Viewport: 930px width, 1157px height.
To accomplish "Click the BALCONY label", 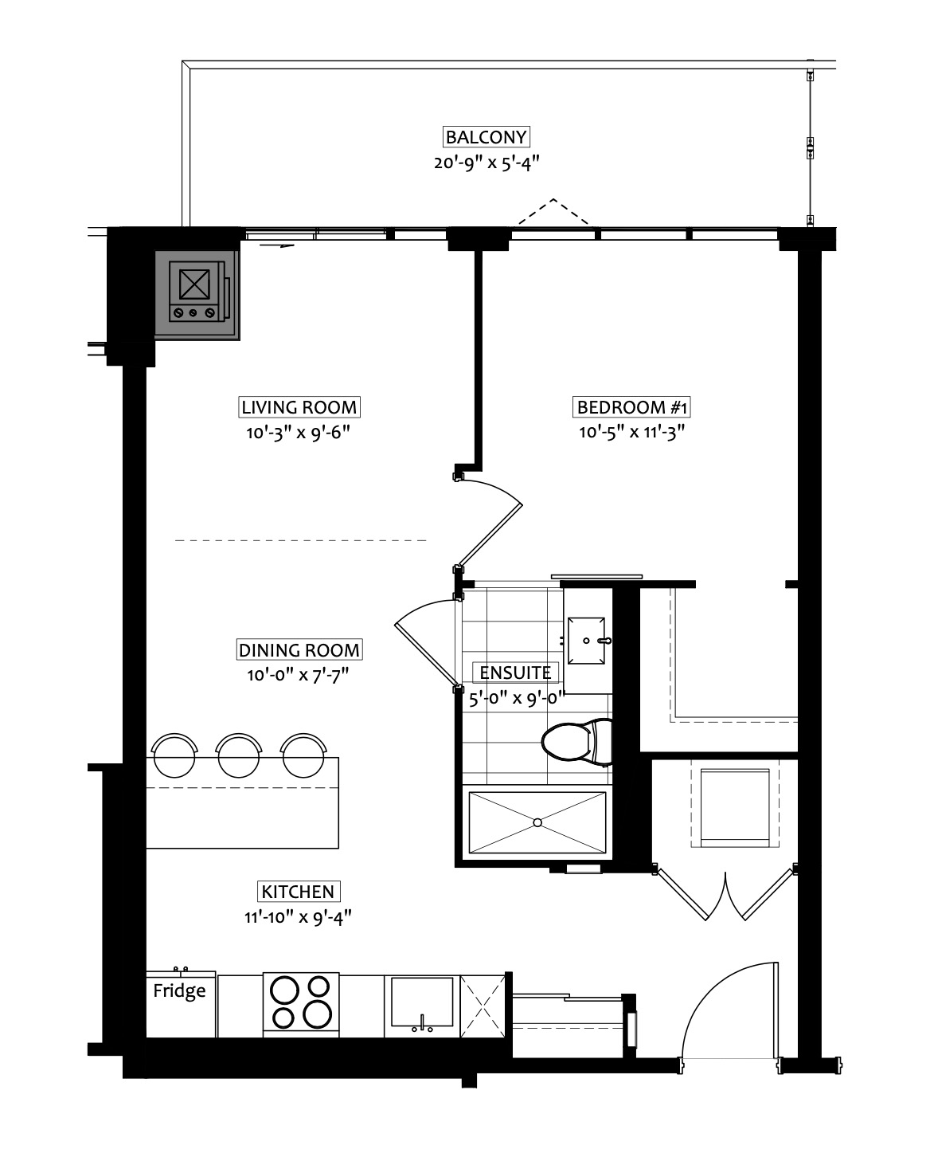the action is [486, 137].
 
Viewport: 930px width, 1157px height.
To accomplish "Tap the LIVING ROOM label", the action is [299, 407].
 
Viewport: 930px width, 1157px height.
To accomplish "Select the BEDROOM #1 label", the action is [632, 407].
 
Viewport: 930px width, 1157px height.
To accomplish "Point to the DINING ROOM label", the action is [299, 649].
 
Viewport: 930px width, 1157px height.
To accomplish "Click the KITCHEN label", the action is [298, 892].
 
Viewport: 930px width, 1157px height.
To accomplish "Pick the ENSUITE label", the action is [515, 672].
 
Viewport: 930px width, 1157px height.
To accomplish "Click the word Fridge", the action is [179, 990].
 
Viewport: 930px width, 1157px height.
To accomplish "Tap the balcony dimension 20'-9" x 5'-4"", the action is [486, 163].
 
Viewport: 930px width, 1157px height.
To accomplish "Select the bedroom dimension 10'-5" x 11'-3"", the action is [632, 432].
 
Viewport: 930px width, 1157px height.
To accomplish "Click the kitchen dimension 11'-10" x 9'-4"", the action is [298, 916].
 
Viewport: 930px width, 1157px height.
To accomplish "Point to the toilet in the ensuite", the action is [576, 742].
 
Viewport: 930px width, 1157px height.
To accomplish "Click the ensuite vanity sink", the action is [586, 641].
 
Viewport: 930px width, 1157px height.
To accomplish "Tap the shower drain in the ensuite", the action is [537, 822].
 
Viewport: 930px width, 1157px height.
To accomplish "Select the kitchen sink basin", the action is [422, 1002].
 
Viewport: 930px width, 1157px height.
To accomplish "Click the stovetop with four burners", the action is [301, 1002].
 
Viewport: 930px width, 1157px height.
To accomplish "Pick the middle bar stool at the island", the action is [239, 755].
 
